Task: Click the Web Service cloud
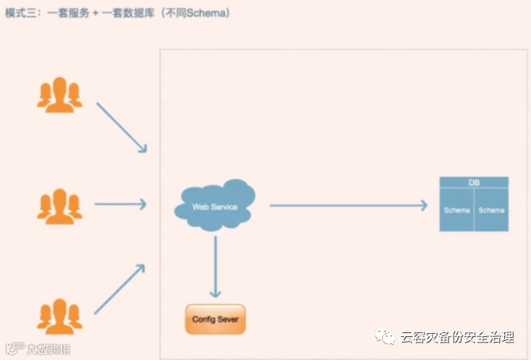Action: click(215, 207)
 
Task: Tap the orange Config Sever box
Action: click(215, 320)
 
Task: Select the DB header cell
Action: click(473, 183)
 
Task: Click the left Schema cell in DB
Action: click(457, 210)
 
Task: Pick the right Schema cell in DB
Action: click(491, 210)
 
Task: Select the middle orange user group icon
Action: click(59, 205)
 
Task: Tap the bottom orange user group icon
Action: click(59, 316)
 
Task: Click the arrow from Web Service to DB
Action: click(348, 206)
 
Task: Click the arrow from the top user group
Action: click(121, 127)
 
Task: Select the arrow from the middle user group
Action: click(120, 205)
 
